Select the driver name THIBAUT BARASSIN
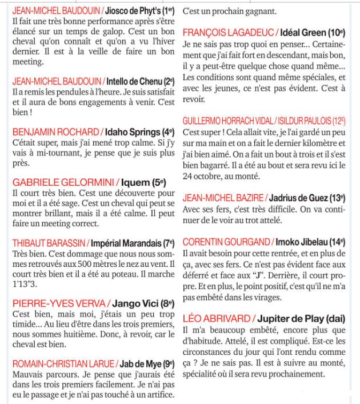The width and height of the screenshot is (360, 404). [48, 242]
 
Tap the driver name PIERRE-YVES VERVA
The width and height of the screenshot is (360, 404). [58, 303]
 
